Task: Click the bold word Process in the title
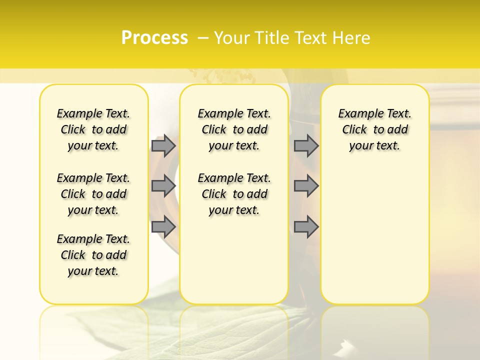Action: (x=154, y=38)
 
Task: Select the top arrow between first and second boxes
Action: (x=163, y=145)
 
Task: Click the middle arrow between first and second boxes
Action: (x=163, y=186)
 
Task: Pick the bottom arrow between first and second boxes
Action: (x=163, y=226)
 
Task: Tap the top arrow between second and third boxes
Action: (x=306, y=145)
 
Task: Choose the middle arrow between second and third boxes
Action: (x=306, y=186)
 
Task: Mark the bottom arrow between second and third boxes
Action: (x=306, y=226)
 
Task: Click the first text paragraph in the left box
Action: (x=93, y=129)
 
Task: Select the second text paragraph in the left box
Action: (x=93, y=194)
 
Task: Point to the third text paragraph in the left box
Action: (x=93, y=255)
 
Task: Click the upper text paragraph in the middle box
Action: (x=234, y=129)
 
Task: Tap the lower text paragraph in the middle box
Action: (x=234, y=194)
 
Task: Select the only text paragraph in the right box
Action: (x=374, y=129)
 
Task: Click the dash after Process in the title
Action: (x=203, y=38)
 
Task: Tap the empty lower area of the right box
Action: (x=374, y=240)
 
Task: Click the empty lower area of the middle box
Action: (x=234, y=265)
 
